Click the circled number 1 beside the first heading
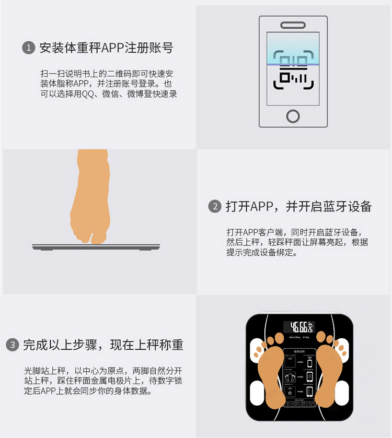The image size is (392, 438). (x=28, y=48)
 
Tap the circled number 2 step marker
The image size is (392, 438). (x=215, y=206)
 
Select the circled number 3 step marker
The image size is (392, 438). (x=12, y=345)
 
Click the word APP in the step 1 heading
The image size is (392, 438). (x=114, y=48)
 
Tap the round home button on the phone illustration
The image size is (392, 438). (x=293, y=115)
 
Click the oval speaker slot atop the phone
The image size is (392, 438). (x=293, y=25)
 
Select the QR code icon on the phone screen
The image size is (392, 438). (x=293, y=70)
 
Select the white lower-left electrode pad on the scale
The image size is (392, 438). (x=258, y=392)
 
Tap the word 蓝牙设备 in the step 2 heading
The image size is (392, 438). (x=342, y=206)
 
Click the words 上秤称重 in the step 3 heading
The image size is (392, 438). (x=158, y=345)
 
